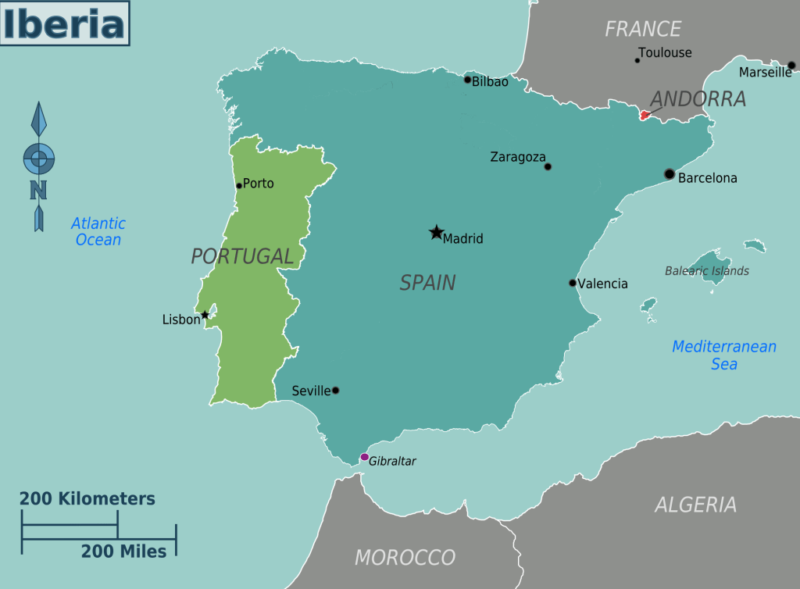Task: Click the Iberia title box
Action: point(64,23)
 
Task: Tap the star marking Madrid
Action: point(436,232)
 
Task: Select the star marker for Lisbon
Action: point(205,315)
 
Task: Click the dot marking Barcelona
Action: point(669,173)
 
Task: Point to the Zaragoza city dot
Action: point(548,166)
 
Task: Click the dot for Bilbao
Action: point(467,80)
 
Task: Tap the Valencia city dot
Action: point(572,283)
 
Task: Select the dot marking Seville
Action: point(335,390)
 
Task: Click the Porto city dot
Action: point(239,185)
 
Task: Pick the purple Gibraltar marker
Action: point(364,457)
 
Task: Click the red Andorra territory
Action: point(645,115)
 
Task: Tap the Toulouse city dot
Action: point(637,60)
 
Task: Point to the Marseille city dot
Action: point(791,66)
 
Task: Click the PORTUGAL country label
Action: point(242,256)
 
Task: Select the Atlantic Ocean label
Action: point(98,232)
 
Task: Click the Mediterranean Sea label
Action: point(724,355)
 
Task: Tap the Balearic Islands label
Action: point(707,271)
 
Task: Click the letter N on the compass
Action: point(38,190)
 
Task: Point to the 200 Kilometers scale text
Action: point(87,498)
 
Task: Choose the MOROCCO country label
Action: point(405,557)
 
